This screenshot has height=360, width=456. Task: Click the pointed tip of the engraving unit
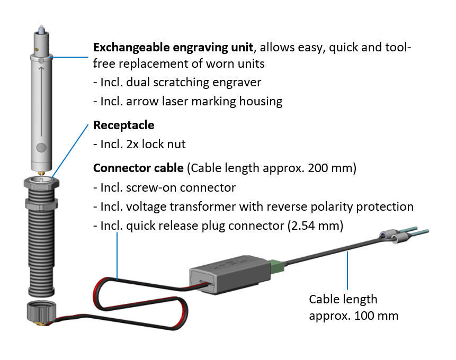point(40,27)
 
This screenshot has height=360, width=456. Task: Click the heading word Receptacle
point(124,125)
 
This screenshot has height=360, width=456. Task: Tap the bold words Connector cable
point(138,168)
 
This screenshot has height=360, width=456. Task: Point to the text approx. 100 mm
point(354,316)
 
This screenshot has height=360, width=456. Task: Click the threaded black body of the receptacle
point(40,249)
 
